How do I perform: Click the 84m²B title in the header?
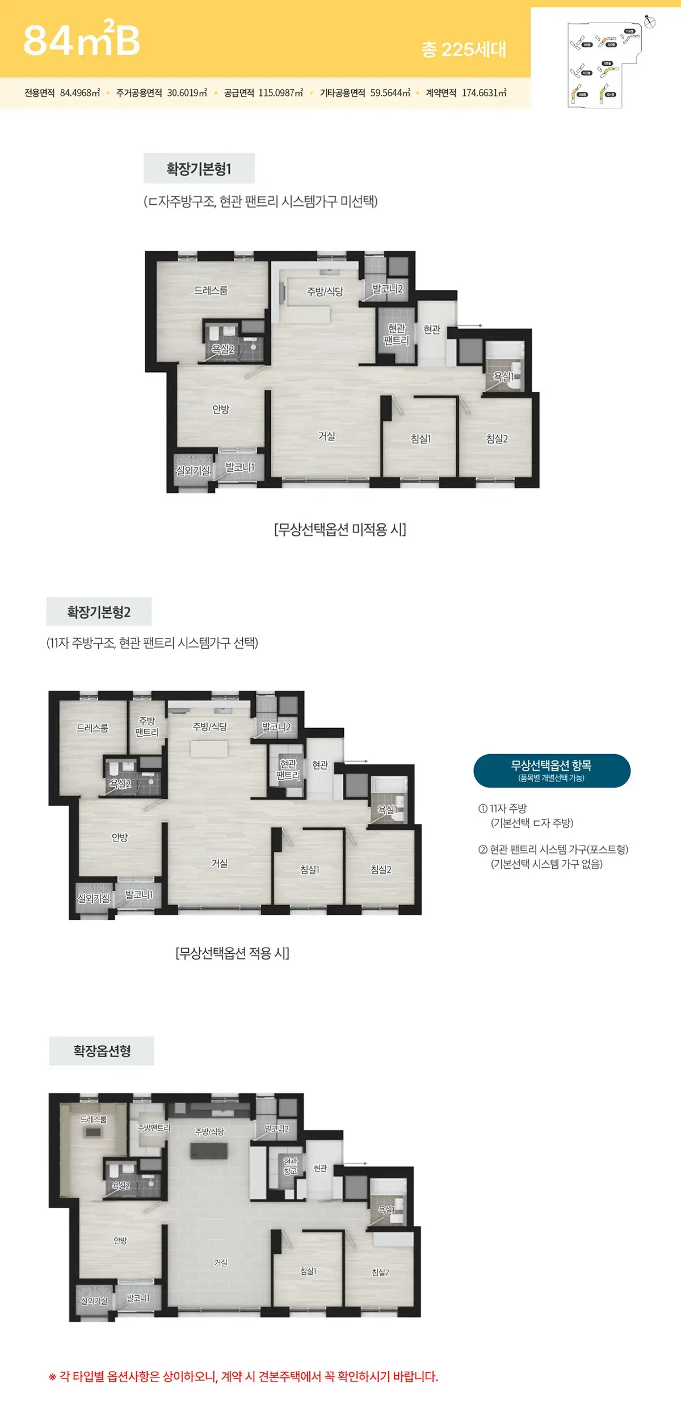[x=81, y=40]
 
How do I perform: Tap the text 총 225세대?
[x=463, y=50]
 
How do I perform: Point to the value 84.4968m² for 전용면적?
[x=80, y=93]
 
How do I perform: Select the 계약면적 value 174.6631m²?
[x=484, y=93]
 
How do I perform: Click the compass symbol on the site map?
[x=650, y=22]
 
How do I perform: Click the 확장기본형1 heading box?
[x=199, y=168]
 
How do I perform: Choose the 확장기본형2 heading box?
[x=99, y=612]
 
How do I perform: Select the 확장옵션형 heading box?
[x=102, y=1051]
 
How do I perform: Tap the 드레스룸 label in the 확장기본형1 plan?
[x=211, y=290]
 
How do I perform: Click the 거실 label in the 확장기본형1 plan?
[x=326, y=436]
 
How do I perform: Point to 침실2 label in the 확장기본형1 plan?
[x=497, y=439]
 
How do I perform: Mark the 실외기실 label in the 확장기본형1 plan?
[x=193, y=471]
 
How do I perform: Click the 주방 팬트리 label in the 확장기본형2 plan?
[x=146, y=726]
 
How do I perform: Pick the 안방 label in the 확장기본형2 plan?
[x=120, y=838]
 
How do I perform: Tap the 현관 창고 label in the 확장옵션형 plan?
[x=290, y=1166]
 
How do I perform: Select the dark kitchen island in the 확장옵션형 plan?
[x=209, y=1151]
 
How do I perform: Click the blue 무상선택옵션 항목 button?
[x=552, y=771]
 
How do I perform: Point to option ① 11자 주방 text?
[x=508, y=808]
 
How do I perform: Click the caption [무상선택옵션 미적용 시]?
[x=340, y=530]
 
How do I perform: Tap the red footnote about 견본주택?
[x=244, y=1377]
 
